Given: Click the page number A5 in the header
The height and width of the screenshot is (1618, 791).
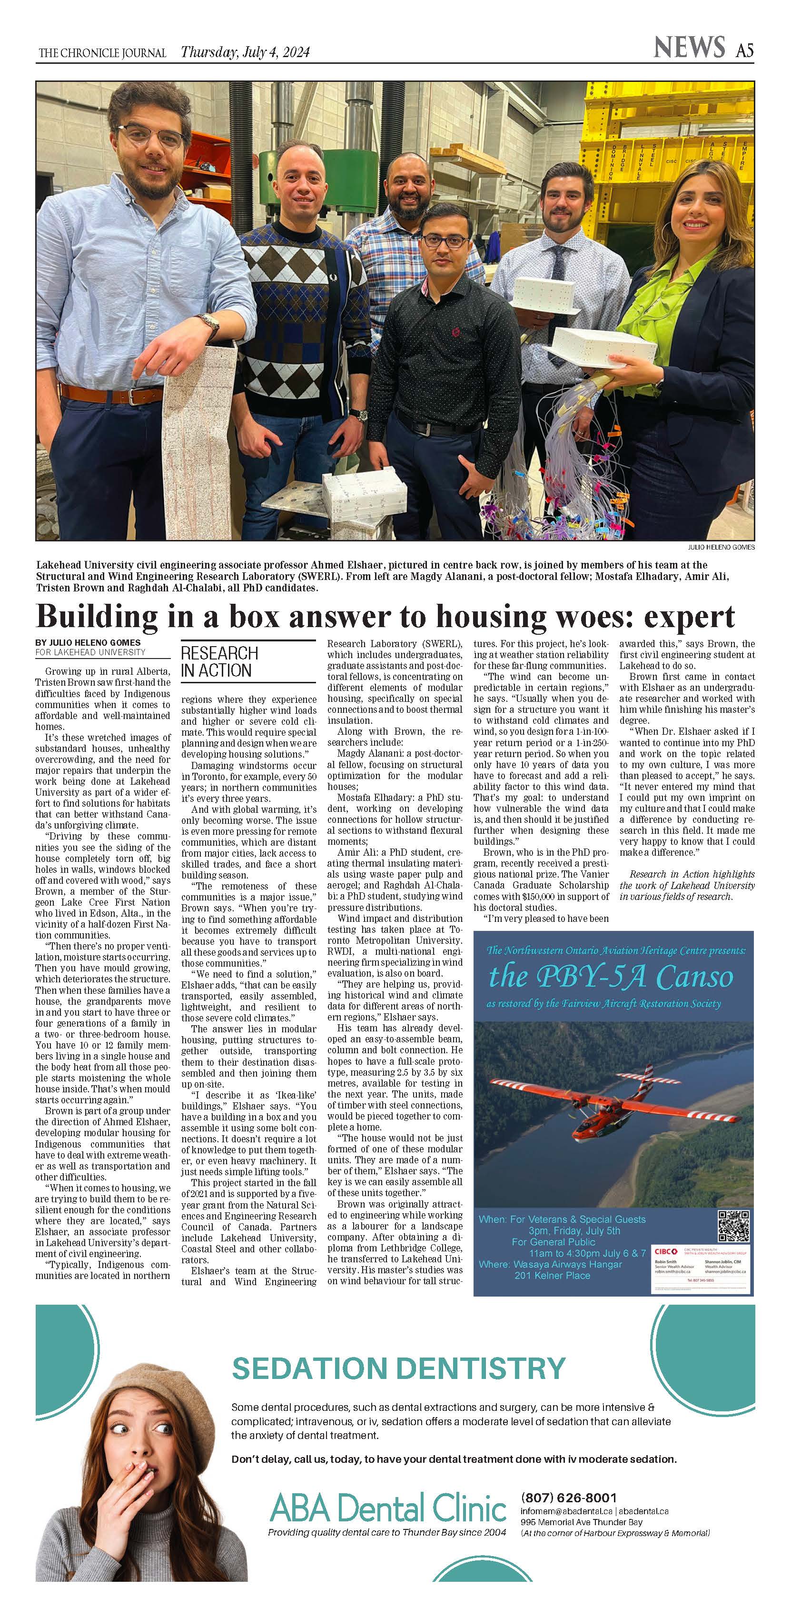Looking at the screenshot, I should pyautogui.click(x=744, y=50).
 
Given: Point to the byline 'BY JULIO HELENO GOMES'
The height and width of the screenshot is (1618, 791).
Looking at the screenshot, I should pyautogui.click(x=88, y=642).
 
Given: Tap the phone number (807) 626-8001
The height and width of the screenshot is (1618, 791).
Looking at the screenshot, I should pyautogui.click(x=569, y=1497).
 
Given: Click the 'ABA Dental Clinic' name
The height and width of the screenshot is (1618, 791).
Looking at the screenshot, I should pyautogui.click(x=388, y=1508).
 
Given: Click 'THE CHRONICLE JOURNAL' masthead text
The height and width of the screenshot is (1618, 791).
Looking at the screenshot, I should pyautogui.click(x=102, y=53).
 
